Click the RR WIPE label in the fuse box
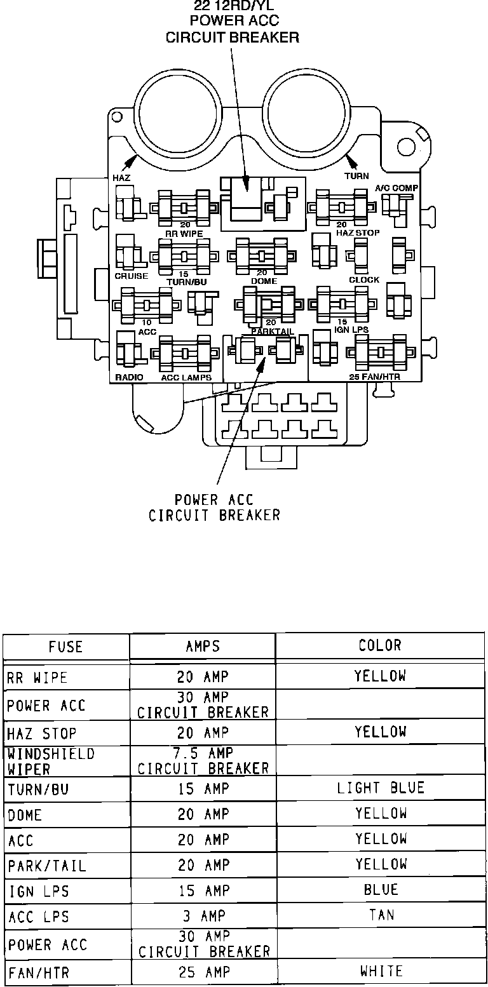[x=184, y=234]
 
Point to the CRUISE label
[x=131, y=276]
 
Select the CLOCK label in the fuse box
[x=364, y=279]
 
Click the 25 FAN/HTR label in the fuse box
[x=379, y=377]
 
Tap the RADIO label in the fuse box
[x=129, y=377]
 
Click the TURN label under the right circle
[x=356, y=176]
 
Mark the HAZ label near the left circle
[x=121, y=178]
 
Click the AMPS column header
[x=203, y=647]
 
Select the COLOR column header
[x=380, y=645]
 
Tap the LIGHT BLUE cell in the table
[x=380, y=788]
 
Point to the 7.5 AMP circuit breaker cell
[x=203, y=761]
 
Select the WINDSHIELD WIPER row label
[x=51, y=761]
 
